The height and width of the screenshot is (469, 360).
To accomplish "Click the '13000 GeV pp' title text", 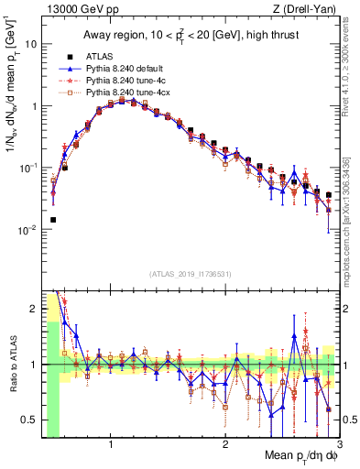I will click(75, 9).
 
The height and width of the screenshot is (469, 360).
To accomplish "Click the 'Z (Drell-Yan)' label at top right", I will click(309, 9).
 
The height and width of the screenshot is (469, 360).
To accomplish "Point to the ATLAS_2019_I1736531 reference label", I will click(191, 274).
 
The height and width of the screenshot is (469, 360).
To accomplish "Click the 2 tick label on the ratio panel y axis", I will click(32, 309).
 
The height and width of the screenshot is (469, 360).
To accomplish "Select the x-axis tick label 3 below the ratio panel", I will click(339, 444).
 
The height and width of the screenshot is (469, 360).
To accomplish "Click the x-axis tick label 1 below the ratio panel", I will click(111, 444).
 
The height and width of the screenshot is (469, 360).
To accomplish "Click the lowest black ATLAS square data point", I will click(53, 220).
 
